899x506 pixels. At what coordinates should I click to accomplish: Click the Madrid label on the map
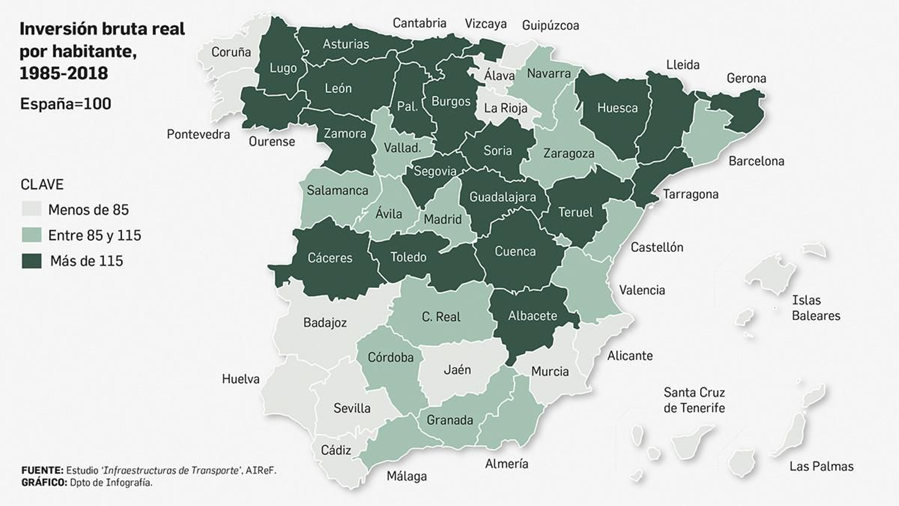[442, 219]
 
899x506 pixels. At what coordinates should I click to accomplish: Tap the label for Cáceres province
[330, 258]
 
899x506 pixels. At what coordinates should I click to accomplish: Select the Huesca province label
[617, 108]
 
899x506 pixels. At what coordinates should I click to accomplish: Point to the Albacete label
[532, 316]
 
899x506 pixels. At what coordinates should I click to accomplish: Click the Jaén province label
[457, 369]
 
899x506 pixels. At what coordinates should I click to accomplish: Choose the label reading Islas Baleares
[815, 308]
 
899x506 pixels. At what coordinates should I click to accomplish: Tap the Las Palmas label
[821, 466]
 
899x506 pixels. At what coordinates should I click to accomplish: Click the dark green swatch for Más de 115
[31, 261]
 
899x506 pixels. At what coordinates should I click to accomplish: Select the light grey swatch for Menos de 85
[31, 210]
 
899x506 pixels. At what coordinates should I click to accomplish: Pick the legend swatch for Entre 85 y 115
[31, 235]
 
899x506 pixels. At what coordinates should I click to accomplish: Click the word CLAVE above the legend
[42, 184]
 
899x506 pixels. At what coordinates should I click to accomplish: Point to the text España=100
[65, 104]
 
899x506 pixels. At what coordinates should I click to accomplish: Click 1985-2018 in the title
[63, 73]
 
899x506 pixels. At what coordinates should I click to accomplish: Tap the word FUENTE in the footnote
[42, 470]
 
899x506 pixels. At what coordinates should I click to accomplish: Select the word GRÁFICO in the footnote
[43, 482]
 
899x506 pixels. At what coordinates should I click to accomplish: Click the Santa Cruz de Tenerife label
[694, 400]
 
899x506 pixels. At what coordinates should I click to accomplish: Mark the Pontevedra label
[198, 134]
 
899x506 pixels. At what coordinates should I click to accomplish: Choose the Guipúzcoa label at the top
[550, 25]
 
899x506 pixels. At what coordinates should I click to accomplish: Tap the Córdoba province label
[390, 357]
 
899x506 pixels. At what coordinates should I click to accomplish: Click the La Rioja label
[505, 108]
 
